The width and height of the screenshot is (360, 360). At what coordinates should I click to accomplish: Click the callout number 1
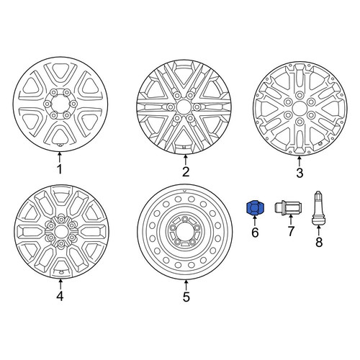[60, 169]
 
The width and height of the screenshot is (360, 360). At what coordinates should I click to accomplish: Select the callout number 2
[186, 171]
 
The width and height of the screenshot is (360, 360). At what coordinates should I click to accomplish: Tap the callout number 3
[300, 173]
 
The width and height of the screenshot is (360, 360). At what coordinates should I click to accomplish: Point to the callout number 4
[60, 296]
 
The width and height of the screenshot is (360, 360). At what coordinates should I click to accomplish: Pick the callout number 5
[186, 297]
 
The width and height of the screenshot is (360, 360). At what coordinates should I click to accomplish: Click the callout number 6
[255, 233]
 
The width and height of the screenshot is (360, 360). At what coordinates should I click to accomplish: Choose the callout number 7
[291, 231]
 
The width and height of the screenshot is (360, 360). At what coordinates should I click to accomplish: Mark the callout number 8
[319, 242]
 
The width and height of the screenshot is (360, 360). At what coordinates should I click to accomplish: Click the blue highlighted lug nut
[254, 207]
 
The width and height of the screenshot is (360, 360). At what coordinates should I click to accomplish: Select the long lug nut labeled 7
[288, 208]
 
